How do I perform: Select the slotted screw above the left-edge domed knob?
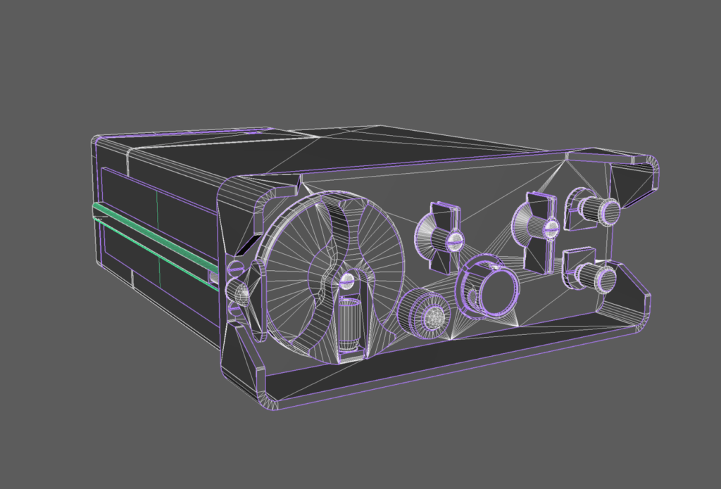pyautogui.click(x=236, y=267)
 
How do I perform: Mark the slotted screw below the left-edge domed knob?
pyautogui.click(x=234, y=308)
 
